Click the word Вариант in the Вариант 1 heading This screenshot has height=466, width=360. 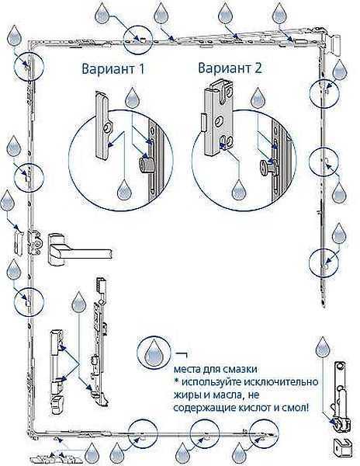[109, 69]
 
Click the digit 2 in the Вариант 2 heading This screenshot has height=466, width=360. [258, 68]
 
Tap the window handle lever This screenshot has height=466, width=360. [80, 250]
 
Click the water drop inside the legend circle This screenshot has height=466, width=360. [154, 353]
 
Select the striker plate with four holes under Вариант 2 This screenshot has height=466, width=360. [218, 119]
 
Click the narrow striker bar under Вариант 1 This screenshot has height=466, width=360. [102, 125]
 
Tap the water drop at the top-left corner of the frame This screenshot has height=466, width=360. [14, 35]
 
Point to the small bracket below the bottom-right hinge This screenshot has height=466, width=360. [342, 450]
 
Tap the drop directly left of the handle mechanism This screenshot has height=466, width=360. [7, 200]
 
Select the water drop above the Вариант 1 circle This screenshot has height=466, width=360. [133, 97]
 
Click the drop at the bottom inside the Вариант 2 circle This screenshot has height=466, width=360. [239, 190]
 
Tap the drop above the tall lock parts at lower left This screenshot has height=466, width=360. [78, 301]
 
